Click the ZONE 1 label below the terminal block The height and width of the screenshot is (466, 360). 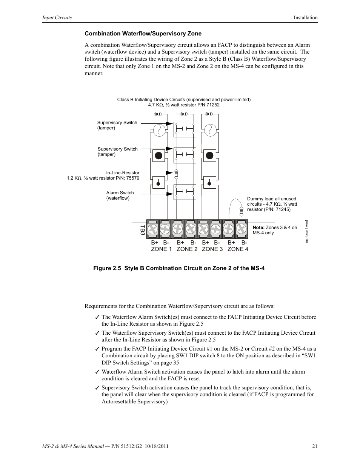coord(161,249)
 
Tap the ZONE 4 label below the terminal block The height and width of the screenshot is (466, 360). coord(238,249)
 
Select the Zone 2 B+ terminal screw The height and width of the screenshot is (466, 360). coord(178,229)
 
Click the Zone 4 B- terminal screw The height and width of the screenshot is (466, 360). coord(242,229)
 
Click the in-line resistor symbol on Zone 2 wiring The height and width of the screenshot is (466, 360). coord(176,174)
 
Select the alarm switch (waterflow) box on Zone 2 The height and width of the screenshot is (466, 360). coord(185,192)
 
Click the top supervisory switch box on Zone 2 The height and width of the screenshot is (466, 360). coord(185,129)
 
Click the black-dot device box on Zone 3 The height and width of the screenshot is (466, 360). coord(209,155)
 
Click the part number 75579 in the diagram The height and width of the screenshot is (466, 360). coord(132,178)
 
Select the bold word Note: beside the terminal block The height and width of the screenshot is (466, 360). coord(258,228)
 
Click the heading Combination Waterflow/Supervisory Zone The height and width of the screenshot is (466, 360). coord(143,34)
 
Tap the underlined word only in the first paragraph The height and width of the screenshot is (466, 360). coord(131,66)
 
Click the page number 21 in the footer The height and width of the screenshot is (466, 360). coord(314,446)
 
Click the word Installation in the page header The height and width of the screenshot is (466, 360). coord(306,18)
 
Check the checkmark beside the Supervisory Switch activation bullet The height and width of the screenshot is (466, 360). coord(97,388)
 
